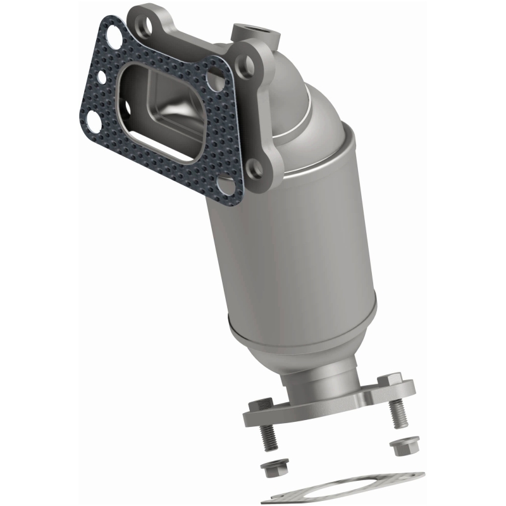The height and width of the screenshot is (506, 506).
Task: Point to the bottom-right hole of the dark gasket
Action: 225,185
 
